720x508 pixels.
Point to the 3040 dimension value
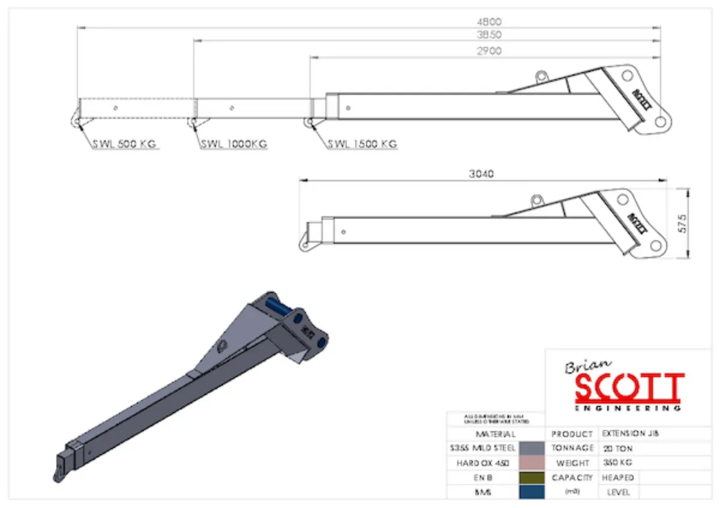482,174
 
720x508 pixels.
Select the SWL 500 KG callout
125,144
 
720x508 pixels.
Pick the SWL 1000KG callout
234,144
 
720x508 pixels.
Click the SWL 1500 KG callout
362,144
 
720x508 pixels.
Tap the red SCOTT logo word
629,389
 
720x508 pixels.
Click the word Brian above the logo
587,366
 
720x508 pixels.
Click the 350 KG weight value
617,462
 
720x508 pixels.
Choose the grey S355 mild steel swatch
532,448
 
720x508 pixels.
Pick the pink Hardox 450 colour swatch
532,463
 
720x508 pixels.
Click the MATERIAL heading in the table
495,434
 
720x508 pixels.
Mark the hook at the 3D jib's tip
58,475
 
